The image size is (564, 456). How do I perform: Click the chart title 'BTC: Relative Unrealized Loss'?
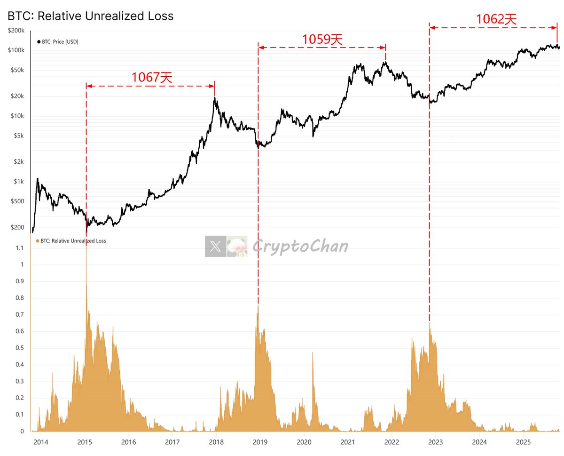pyautogui.click(x=90, y=16)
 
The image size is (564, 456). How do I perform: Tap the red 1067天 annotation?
pyautogui.click(x=151, y=77)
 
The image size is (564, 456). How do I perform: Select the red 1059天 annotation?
pyautogui.click(x=322, y=39)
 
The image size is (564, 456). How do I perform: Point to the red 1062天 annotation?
pyautogui.click(x=496, y=19)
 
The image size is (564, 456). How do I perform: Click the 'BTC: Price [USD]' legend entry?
pyautogui.click(x=58, y=42)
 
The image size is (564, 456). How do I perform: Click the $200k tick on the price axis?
pyautogui.click(x=17, y=31)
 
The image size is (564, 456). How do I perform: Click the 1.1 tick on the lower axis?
pyautogui.click(x=20, y=248)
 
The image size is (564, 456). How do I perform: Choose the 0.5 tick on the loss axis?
pyautogui.click(x=20, y=348)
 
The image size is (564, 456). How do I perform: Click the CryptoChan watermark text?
pyautogui.click(x=300, y=246)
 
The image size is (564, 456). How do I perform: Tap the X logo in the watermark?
pyautogui.click(x=215, y=246)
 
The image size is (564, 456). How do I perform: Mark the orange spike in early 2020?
pyautogui.click(x=313, y=358)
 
